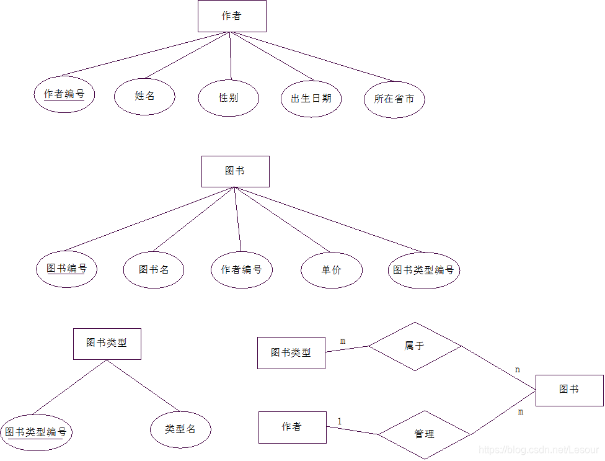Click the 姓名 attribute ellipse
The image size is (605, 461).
pyautogui.click(x=144, y=96)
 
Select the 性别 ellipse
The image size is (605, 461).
pyautogui.click(x=228, y=97)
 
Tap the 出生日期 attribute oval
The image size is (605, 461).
pyautogui.click(x=311, y=98)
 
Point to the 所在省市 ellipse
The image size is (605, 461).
pyautogui.click(x=394, y=99)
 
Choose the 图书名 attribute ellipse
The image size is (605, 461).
pyautogui.click(x=154, y=269)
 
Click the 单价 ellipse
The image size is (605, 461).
pyautogui.click(x=332, y=270)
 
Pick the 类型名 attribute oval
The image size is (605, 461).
pyautogui.click(x=180, y=429)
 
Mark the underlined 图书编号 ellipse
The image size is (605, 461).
pyautogui.click(x=66, y=269)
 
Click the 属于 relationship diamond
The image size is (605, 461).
pyautogui.click(x=415, y=346)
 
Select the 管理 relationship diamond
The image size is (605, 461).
pyautogui.click(x=424, y=434)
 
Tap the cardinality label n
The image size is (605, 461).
pyautogui.click(x=518, y=370)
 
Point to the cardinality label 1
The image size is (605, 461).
pyautogui.click(x=340, y=422)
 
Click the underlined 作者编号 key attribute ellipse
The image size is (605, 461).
pyautogui.click(x=64, y=94)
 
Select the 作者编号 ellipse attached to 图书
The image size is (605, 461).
pyautogui.click(x=242, y=269)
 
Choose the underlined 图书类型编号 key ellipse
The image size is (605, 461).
pyautogui.click(x=36, y=432)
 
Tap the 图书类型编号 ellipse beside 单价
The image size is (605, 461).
pyautogui.click(x=424, y=270)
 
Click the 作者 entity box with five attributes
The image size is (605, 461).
pyautogui.click(x=232, y=16)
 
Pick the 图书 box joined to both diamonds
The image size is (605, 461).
pyautogui.click(x=569, y=390)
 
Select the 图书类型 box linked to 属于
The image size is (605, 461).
pyautogui.click(x=291, y=352)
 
